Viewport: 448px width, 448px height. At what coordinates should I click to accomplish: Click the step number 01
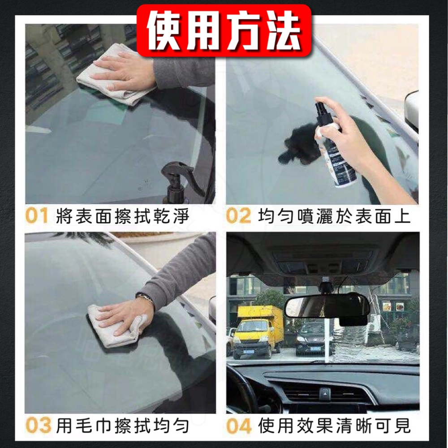pyautogui.click(x=37, y=216)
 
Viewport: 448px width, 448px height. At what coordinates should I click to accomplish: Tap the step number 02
pyautogui.click(x=238, y=216)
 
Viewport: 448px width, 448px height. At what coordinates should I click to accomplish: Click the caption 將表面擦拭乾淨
pyautogui.click(x=123, y=216)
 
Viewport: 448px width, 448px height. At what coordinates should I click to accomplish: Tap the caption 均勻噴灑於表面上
pyautogui.click(x=334, y=216)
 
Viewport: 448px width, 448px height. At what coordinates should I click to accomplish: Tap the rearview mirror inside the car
pyautogui.click(x=327, y=306)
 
